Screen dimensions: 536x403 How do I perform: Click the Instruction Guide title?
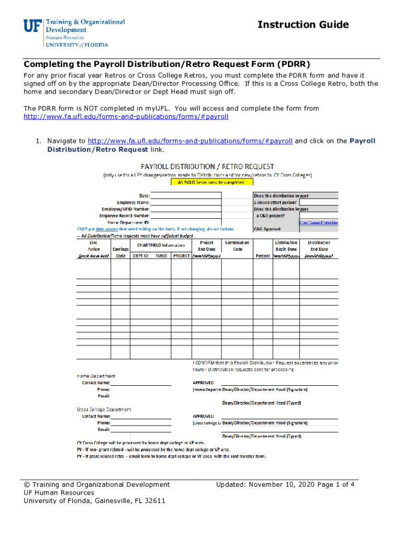pyautogui.click(x=303, y=25)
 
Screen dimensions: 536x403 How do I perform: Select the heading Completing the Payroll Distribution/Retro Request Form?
pyautogui.click(x=167, y=64)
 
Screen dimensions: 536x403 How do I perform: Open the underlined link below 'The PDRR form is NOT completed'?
pyautogui.click(x=126, y=117)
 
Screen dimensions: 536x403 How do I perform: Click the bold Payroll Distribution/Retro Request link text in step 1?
pyautogui.click(x=98, y=149)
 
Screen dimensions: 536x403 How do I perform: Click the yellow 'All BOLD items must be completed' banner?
pyautogui.click(x=212, y=183)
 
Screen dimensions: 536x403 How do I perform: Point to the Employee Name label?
pyautogui.click(x=133, y=202)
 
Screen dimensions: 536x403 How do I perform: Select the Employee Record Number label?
pyautogui.click(x=125, y=215)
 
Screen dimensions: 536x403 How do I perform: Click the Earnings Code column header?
pyautogui.click(x=121, y=249)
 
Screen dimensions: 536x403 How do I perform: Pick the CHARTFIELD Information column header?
pyautogui.click(x=161, y=245)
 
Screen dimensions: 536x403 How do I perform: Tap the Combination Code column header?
pyautogui.click(x=237, y=246)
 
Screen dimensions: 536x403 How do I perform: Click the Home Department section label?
pyautogui.click(x=96, y=376)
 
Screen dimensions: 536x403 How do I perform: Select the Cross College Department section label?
pyautogui.click(x=104, y=409)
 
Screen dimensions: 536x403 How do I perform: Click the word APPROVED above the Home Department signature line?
pyautogui.click(x=204, y=383)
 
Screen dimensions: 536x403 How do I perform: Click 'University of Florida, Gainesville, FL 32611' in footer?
pyautogui.click(x=95, y=501)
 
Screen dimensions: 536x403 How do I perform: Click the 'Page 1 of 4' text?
pyautogui.click(x=336, y=484)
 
